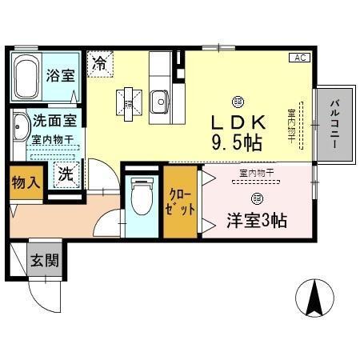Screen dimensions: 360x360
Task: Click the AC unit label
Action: pos(299,58)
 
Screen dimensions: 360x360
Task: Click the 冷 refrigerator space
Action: pos(99,62)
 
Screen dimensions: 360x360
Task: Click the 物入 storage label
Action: pos(25,182)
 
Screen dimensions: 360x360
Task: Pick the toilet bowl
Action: pos(141,196)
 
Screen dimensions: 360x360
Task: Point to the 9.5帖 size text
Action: pos(237,144)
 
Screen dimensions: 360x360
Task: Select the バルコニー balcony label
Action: pos(336,125)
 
